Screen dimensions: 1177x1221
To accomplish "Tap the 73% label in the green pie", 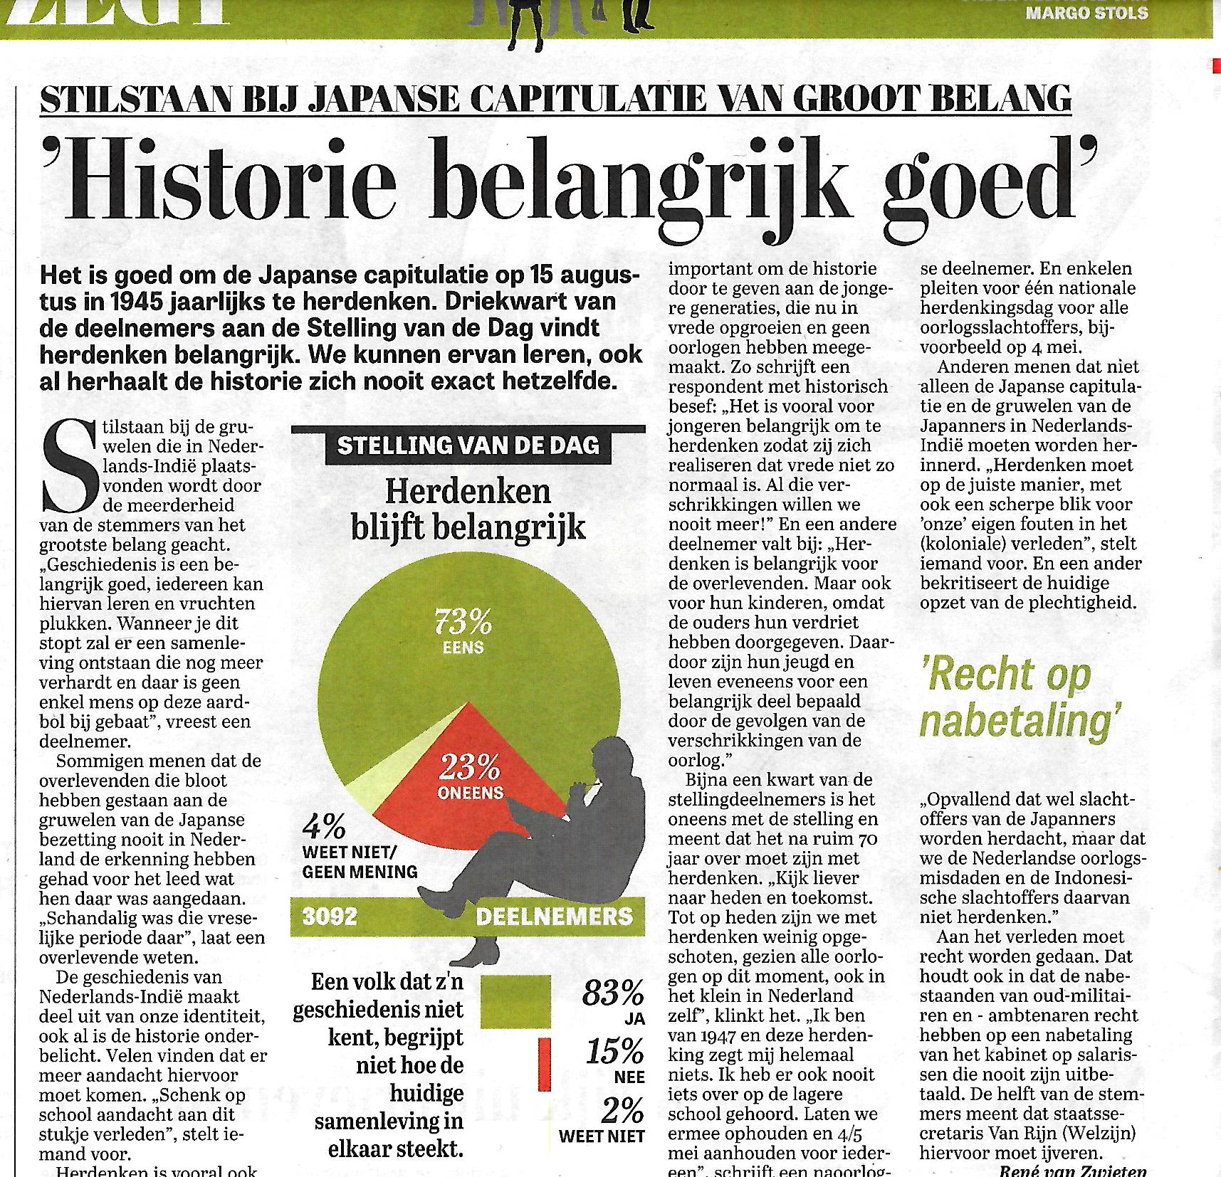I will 463,623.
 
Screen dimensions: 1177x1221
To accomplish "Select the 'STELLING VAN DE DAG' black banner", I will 468,445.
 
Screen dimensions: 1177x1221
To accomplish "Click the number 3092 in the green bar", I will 330,916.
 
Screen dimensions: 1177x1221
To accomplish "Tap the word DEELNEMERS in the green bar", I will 554,916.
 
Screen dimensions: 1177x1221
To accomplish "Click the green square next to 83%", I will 515,1001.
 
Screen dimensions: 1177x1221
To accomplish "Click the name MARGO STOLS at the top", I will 1086,13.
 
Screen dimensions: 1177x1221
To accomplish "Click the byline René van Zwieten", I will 1073,1170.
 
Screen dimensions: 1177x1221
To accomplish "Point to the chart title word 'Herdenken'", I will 468,492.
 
